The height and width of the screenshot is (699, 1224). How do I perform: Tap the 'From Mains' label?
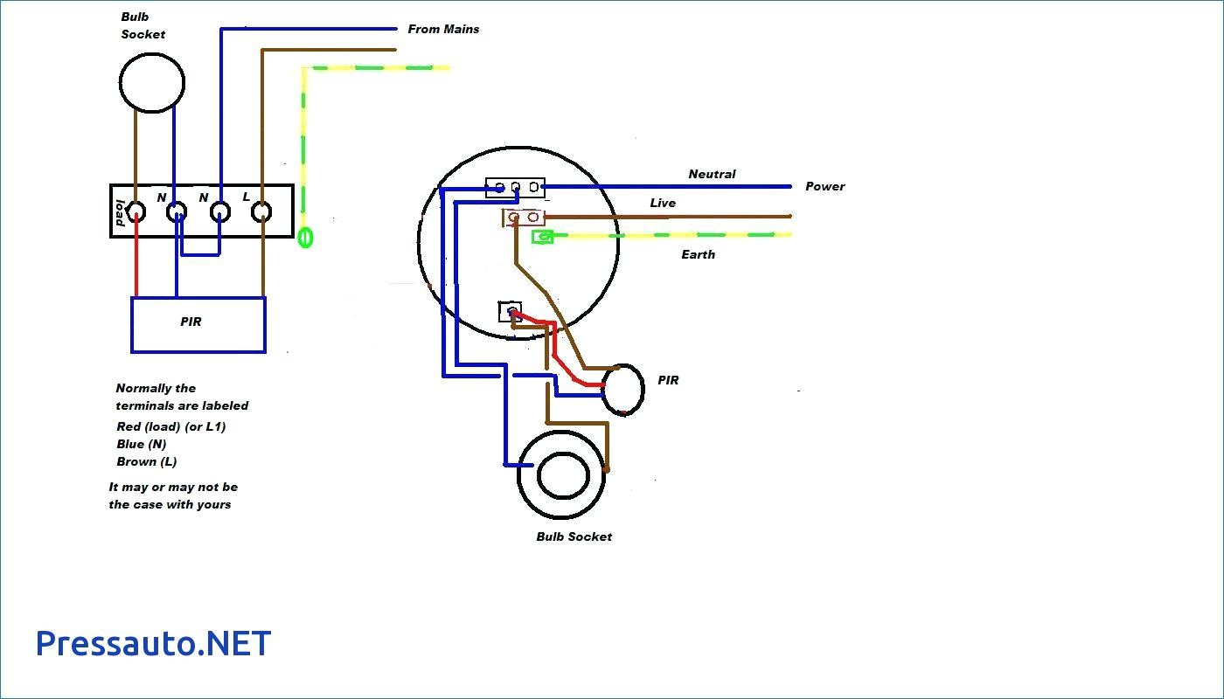(x=443, y=29)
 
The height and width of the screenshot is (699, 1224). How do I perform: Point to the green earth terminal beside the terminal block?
(x=305, y=238)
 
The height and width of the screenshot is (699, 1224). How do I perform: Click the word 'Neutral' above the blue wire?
(x=712, y=174)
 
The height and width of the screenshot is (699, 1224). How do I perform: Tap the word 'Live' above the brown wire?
(x=663, y=203)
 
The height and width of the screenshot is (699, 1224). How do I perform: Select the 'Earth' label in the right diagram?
(x=698, y=254)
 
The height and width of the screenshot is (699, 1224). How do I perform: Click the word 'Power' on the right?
(x=825, y=186)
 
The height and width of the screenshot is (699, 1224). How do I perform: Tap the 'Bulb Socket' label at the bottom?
(x=574, y=536)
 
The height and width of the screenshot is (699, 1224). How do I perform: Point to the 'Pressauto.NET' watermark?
(x=154, y=643)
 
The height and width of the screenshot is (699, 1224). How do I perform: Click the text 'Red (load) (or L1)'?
(x=171, y=426)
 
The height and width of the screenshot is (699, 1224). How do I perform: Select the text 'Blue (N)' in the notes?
(x=141, y=444)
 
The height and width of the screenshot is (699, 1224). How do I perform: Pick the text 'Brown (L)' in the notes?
(x=147, y=461)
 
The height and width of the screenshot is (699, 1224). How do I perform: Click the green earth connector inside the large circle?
(x=543, y=237)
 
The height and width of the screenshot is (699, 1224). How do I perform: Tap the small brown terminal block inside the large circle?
(x=524, y=218)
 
